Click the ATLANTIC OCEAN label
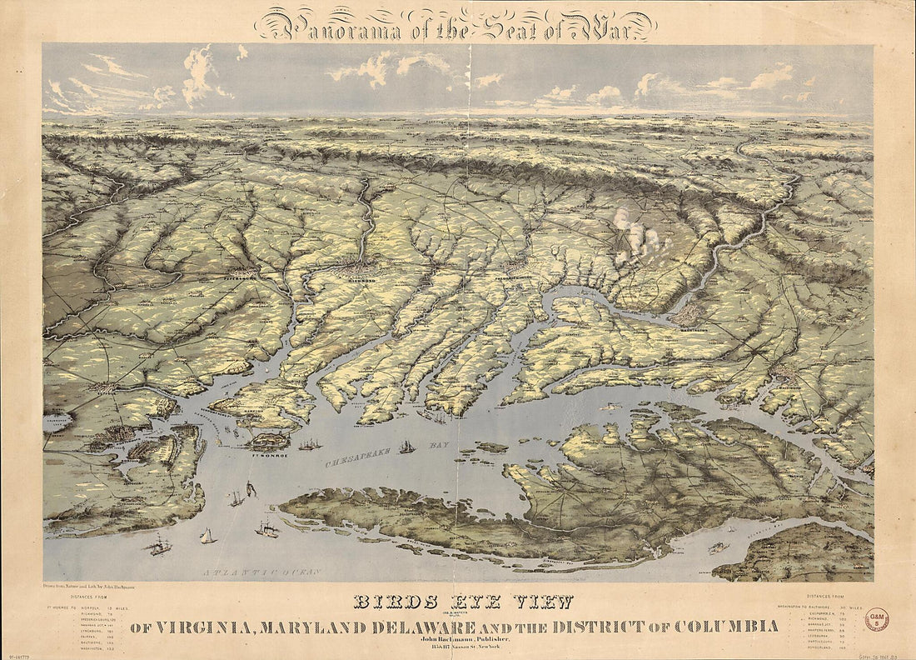pos(246,572)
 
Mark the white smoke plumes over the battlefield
pos(637,235)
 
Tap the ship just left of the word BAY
pos(406,447)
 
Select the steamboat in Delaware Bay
pos(716,548)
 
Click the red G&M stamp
pos(877,619)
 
